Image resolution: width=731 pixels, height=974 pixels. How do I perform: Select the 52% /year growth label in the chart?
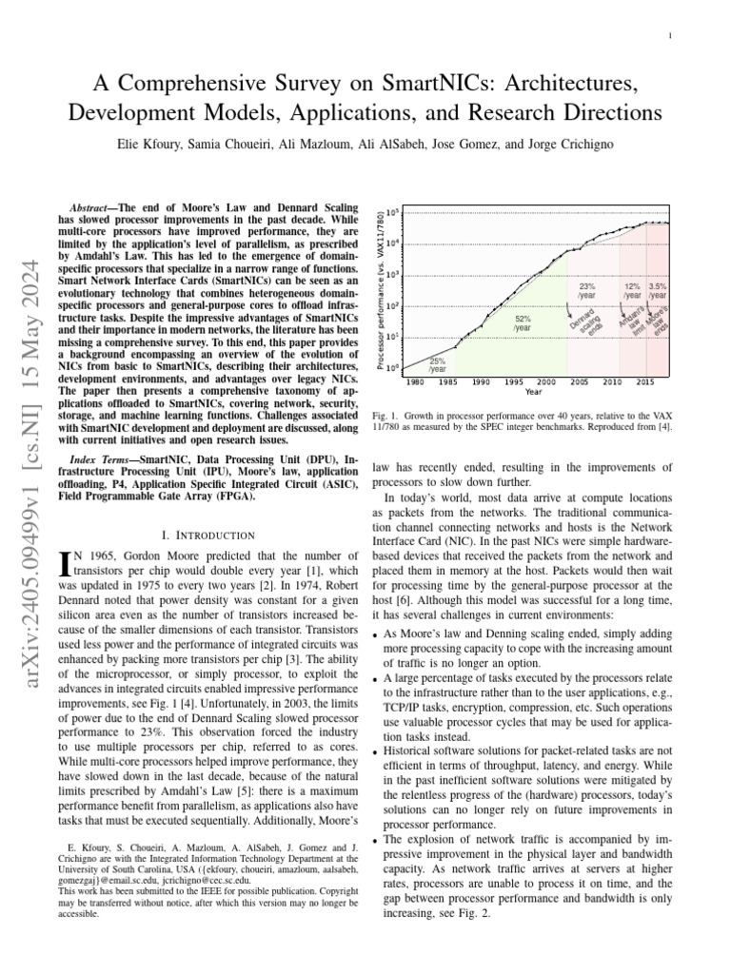[x=523, y=323]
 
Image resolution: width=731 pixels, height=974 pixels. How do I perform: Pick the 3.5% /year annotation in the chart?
[x=657, y=290]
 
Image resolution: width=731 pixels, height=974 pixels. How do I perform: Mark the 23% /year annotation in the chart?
[x=587, y=290]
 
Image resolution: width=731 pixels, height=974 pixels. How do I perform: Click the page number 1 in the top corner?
[x=671, y=36]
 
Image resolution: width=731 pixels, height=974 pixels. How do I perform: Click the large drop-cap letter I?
[x=65, y=563]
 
